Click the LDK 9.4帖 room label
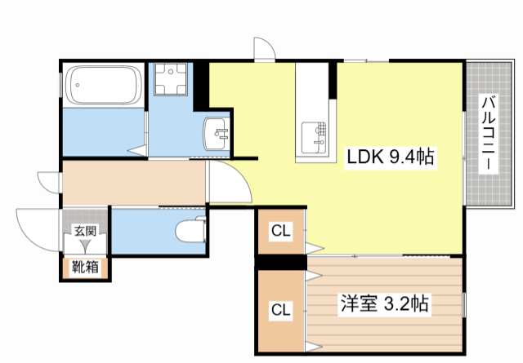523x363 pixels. click(390, 157)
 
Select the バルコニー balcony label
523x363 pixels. click(488, 132)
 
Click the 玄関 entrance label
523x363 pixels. click(85, 231)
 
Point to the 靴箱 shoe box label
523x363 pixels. click(85, 266)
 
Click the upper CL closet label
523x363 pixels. click(280, 231)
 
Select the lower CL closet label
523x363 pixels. click(280, 310)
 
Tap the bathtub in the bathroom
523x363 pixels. click(103, 84)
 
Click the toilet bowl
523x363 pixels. click(191, 232)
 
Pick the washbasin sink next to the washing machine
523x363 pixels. click(217, 133)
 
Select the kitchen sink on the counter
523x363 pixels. click(315, 135)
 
